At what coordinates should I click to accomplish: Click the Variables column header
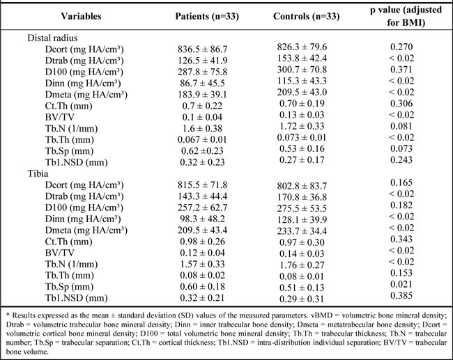(81, 16)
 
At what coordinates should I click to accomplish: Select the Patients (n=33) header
(207, 16)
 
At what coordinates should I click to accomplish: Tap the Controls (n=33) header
(306, 16)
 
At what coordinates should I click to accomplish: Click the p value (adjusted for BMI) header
(406, 16)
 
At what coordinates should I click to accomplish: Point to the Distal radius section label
(52, 38)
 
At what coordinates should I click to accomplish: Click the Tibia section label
(38, 174)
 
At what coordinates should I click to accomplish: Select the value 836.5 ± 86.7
(203, 49)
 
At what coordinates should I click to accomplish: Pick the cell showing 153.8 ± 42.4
(302, 58)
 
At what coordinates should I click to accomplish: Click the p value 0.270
(401, 47)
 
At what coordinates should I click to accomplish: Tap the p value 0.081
(401, 126)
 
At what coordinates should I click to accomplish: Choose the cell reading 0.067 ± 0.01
(202, 140)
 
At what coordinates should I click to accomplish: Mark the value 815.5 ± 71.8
(203, 185)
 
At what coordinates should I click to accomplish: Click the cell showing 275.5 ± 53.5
(302, 208)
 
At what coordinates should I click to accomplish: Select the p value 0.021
(401, 284)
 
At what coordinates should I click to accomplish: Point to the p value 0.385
(401, 296)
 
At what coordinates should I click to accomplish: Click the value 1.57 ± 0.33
(202, 264)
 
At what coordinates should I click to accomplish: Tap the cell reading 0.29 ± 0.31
(302, 299)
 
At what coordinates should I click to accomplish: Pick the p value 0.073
(401, 149)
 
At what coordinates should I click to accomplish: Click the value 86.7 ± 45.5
(202, 83)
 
